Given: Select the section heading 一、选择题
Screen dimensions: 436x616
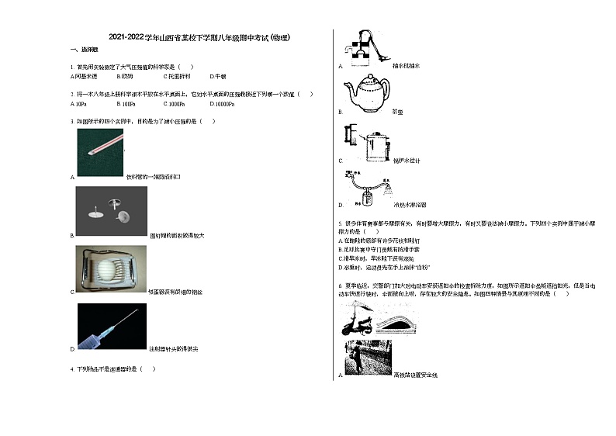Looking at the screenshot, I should tap(81, 50).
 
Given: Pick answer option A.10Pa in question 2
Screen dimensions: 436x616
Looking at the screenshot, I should tap(78, 104).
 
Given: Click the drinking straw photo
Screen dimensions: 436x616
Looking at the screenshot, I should tap(101, 151).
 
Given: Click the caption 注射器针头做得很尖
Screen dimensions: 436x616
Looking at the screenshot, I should tap(174, 349).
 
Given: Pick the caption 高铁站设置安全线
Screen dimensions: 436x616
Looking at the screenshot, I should tap(416, 375).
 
